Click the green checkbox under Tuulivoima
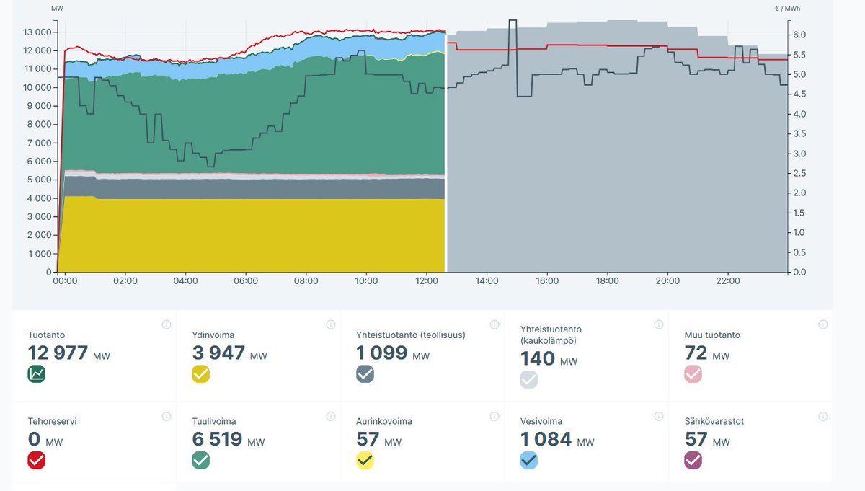click(x=200, y=459)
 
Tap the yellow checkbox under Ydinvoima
click(x=200, y=373)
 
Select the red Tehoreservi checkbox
click(x=37, y=459)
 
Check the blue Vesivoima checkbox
click(x=529, y=459)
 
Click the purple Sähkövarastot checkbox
click(x=693, y=459)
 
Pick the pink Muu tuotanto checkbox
click(x=693, y=373)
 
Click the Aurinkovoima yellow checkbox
click(x=365, y=459)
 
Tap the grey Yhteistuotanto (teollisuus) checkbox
click(x=365, y=373)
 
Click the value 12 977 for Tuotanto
click(x=58, y=353)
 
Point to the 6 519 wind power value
click(x=218, y=438)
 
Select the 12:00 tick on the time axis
click(x=427, y=280)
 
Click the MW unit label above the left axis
click(x=57, y=8)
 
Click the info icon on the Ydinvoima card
click(x=330, y=324)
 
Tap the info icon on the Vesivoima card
click(x=658, y=416)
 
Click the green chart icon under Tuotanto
click(x=37, y=373)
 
